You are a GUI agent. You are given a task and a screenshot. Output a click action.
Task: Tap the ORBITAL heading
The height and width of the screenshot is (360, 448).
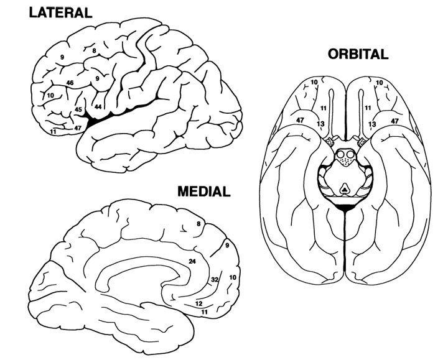[358, 54]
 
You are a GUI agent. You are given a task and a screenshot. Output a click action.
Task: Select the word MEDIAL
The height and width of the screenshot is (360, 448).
[203, 190]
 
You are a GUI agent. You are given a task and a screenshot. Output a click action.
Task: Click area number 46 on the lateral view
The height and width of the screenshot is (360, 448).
[70, 83]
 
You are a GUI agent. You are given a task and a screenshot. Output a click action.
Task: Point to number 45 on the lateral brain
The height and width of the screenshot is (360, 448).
[78, 109]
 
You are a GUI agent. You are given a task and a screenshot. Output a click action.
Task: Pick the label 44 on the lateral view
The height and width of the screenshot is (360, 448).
[98, 107]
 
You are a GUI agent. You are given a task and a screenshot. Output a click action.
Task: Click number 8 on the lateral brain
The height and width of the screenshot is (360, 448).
[94, 50]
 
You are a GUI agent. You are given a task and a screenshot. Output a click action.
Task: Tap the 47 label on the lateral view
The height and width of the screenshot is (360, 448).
[78, 127]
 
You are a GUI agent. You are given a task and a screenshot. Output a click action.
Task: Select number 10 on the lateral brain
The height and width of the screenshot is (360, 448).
[50, 95]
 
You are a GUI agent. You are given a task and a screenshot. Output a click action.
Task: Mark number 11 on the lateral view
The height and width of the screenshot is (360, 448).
[54, 131]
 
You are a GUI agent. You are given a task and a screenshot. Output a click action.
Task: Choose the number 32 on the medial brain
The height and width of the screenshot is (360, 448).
[215, 279]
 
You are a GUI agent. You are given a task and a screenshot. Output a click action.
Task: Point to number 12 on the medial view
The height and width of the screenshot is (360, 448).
[199, 303]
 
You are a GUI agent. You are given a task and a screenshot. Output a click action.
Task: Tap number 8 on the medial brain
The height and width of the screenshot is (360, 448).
[198, 224]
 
